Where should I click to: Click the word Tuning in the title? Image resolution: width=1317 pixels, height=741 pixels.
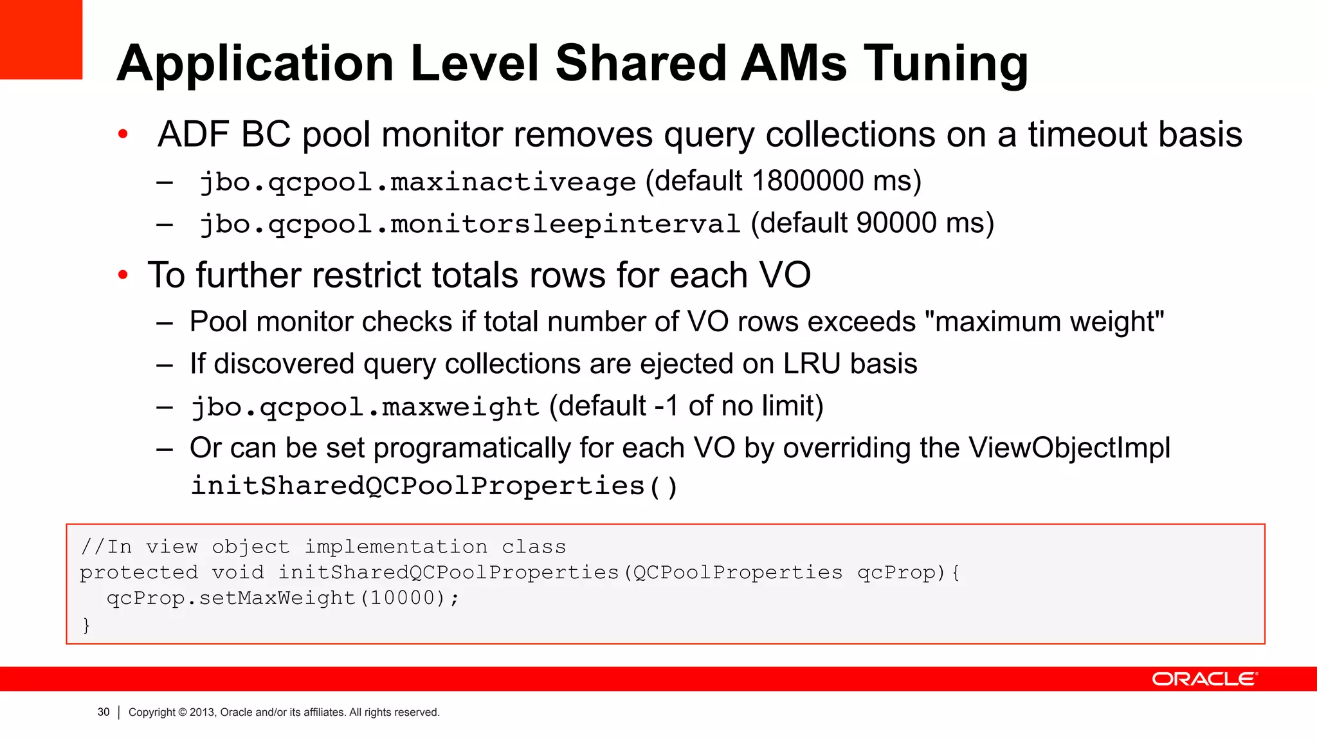click(945, 64)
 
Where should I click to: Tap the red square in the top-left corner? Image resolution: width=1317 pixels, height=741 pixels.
click(41, 39)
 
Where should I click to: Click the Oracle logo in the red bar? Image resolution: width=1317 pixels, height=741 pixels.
click(1204, 679)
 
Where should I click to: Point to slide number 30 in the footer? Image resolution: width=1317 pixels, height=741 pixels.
click(104, 712)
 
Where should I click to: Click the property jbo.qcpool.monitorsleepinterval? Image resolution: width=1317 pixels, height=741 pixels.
click(470, 224)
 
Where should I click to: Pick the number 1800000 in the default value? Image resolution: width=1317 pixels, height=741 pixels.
click(808, 181)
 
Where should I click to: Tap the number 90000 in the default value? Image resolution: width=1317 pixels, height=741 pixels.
click(896, 223)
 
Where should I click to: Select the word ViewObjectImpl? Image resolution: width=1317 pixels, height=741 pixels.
click(1069, 448)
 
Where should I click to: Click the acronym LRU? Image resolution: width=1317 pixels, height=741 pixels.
click(812, 364)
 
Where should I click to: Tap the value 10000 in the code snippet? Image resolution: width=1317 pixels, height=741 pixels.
click(403, 598)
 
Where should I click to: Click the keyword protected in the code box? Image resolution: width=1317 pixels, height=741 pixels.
click(139, 572)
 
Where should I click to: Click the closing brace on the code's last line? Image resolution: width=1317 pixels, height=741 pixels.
click(86, 625)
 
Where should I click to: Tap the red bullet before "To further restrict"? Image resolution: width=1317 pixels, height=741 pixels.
click(123, 276)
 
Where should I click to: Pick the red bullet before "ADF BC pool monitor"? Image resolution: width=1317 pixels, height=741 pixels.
click(123, 134)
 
